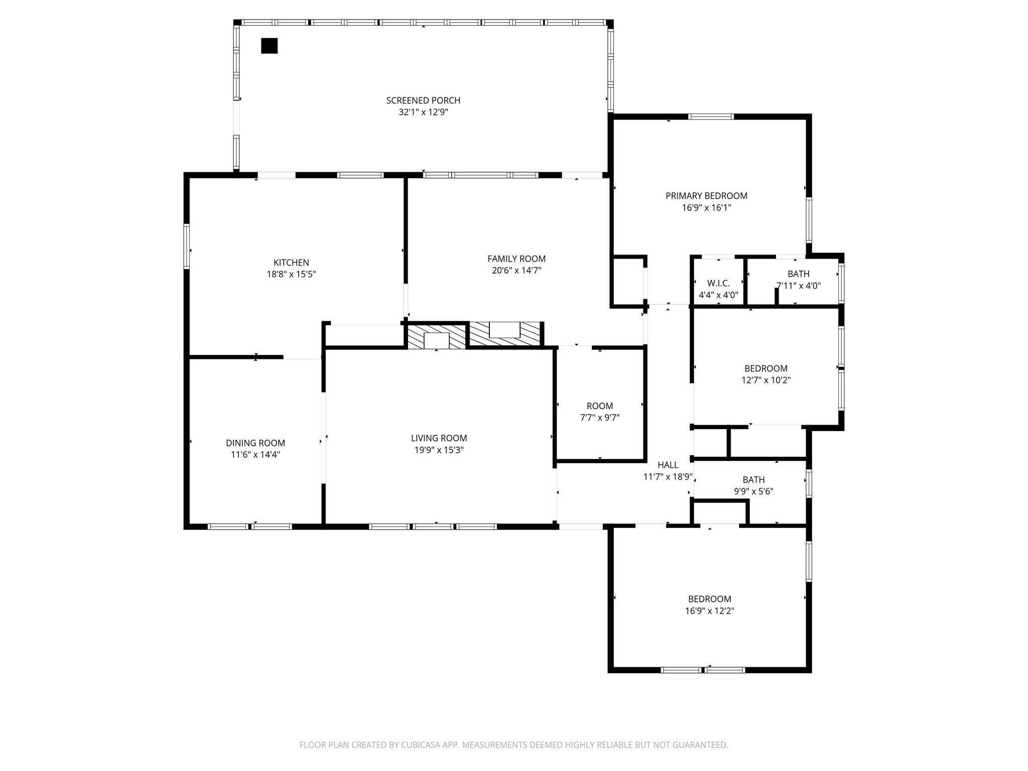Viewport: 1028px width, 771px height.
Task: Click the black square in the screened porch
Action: (269, 46)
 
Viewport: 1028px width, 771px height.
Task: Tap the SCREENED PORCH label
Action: (423, 100)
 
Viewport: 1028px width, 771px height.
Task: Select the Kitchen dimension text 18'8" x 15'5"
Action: (291, 275)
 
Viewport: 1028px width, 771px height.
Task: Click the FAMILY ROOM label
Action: (517, 259)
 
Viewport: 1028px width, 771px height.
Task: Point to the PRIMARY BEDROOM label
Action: (706, 196)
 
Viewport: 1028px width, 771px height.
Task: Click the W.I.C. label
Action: (718, 283)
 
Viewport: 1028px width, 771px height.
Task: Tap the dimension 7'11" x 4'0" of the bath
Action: (798, 286)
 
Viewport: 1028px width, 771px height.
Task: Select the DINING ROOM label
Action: (255, 443)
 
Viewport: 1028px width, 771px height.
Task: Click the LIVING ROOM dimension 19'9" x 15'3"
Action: (439, 450)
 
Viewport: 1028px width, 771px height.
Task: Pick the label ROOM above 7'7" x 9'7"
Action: (600, 406)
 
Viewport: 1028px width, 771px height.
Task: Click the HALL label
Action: (668, 465)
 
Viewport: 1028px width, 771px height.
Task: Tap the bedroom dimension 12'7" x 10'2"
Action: (766, 380)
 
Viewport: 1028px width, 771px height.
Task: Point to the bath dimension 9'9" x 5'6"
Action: (753, 492)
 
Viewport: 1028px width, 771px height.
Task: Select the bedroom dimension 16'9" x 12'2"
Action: (709, 611)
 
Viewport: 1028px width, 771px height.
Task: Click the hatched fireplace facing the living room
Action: (436, 337)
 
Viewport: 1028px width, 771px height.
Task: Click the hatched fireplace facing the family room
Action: (505, 333)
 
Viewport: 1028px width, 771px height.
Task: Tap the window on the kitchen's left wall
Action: (187, 246)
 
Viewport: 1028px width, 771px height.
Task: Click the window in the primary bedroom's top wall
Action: (711, 117)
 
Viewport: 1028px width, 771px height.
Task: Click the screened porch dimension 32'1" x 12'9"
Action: (423, 112)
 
